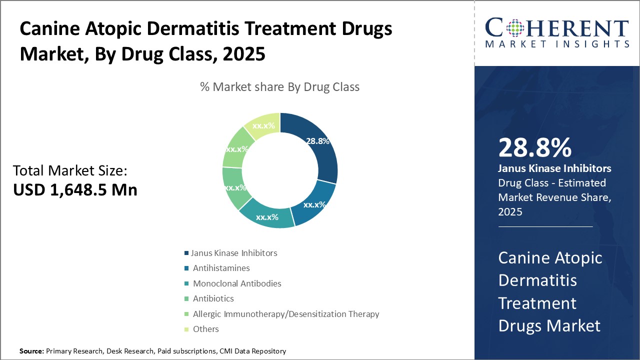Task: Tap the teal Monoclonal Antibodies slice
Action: coord(267,217)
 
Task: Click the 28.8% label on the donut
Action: coord(317,141)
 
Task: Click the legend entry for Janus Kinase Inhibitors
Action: coord(231,253)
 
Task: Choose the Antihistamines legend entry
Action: coord(217,268)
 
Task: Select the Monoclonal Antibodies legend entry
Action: coord(233,283)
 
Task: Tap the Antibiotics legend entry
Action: coord(209,298)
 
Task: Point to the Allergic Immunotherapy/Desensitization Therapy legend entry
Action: coord(281,314)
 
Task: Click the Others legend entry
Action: coord(201,329)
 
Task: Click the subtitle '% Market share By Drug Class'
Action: coord(279,87)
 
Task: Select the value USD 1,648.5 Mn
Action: coord(75,189)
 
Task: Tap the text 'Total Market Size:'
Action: coord(70,170)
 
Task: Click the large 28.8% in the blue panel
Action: coord(535,147)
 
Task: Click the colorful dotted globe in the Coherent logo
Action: coord(515,28)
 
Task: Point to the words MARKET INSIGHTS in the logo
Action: coord(557,44)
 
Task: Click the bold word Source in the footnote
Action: coord(31,351)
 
